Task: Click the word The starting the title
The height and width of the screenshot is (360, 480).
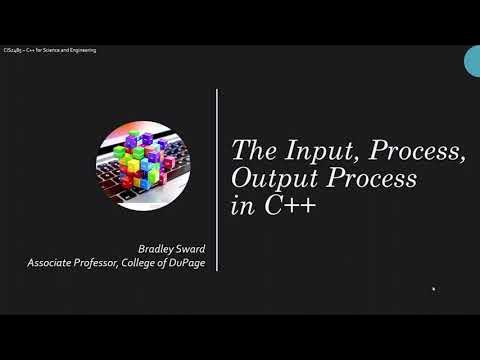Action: point(250,151)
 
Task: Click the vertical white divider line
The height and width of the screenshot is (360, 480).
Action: point(217,180)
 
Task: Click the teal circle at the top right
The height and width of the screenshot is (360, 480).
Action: point(473,61)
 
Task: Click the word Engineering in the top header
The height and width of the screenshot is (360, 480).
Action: point(82,50)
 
